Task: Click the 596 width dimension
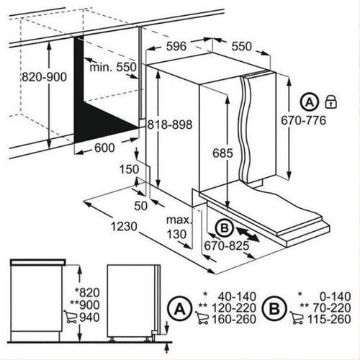[x=176, y=46]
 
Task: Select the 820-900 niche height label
[x=44, y=77]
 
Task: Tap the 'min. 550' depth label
[x=113, y=68]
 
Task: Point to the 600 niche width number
[x=104, y=148]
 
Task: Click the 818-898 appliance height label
[x=170, y=125]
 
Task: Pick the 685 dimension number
[x=222, y=153]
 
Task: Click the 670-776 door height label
[x=304, y=120]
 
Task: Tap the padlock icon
[x=330, y=102]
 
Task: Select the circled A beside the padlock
[x=310, y=102]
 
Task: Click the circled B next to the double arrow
[x=225, y=228]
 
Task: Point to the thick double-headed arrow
[x=248, y=234]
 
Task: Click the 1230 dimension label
[x=124, y=226]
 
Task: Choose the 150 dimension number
[x=129, y=169]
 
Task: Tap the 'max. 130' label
[x=179, y=227]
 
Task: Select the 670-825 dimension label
[x=227, y=246]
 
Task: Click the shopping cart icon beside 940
[x=71, y=317]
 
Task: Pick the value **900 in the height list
[x=85, y=305]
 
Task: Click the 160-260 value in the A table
[x=234, y=319]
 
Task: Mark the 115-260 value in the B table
[x=329, y=319]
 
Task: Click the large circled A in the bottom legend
[x=180, y=309]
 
